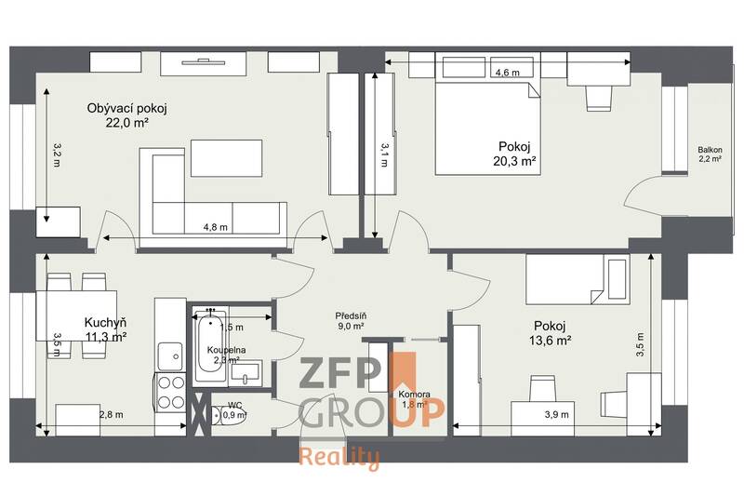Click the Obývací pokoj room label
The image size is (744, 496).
[119, 108]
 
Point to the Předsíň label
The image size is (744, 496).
[352, 316]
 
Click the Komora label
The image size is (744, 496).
[413, 395]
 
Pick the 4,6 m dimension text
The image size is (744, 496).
[507, 73]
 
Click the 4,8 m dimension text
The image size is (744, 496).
[216, 226]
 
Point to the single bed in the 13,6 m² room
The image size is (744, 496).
[577, 278]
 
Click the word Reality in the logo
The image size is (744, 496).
[339, 457]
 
